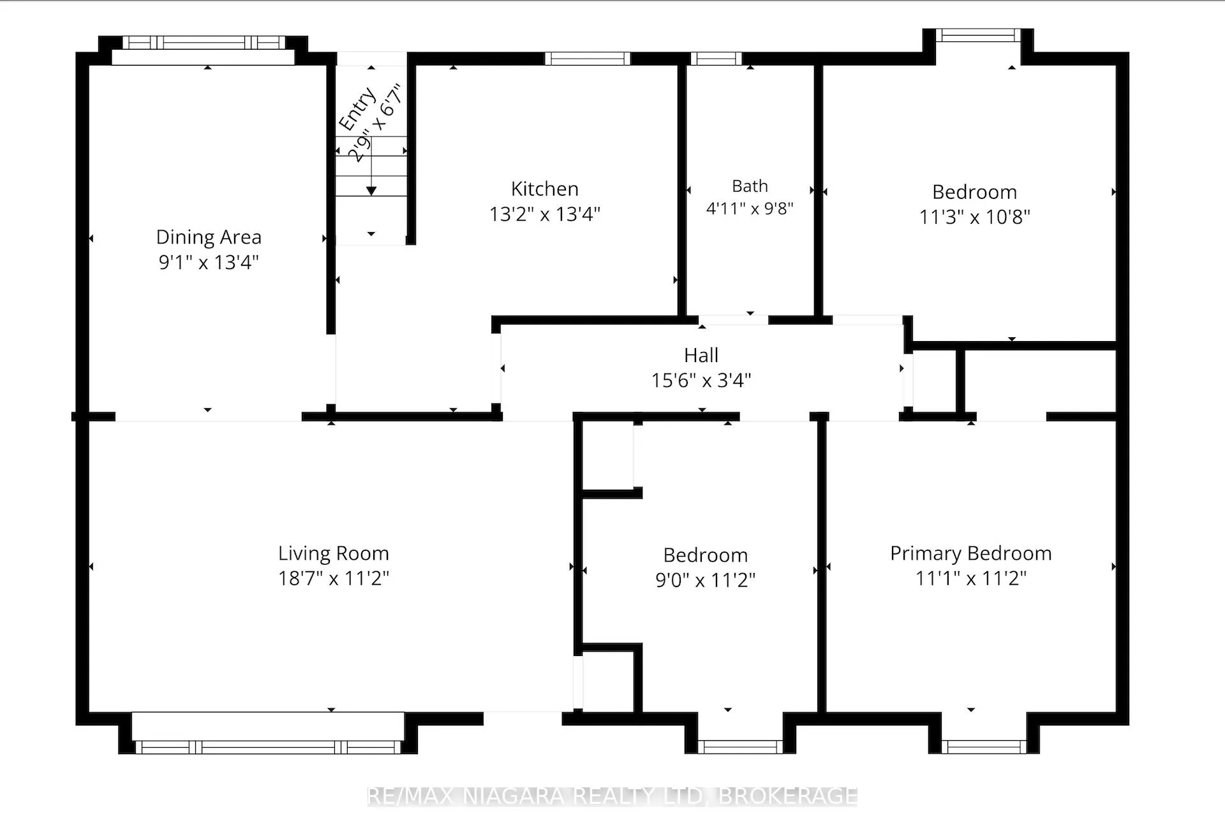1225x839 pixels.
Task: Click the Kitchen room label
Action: point(544,189)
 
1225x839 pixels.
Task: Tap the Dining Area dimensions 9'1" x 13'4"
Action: point(209,262)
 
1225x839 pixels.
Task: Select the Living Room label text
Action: point(333,553)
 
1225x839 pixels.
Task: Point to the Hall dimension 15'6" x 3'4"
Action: point(701,381)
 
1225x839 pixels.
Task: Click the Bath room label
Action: point(750,186)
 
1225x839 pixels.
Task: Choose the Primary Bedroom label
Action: point(970,553)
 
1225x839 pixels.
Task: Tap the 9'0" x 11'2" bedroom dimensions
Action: point(705,580)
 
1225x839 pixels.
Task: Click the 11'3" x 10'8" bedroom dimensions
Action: point(974,217)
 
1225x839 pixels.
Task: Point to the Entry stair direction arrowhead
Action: point(371,191)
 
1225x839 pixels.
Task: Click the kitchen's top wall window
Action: point(588,59)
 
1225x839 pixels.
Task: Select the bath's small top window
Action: point(716,59)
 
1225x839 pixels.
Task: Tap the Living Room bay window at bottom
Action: point(268,747)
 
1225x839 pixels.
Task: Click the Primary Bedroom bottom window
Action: point(984,747)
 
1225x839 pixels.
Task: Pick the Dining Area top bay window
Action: point(204,43)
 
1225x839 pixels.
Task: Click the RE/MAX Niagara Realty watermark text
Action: point(612,796)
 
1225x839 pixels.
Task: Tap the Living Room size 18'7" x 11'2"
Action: point(333,578)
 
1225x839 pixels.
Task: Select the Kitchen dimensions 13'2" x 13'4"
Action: point(544,214)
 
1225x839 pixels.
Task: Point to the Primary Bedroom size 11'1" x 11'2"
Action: point(970,578)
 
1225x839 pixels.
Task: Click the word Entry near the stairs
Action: point(357,110)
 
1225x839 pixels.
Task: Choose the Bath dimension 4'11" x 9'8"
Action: point(750,208)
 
